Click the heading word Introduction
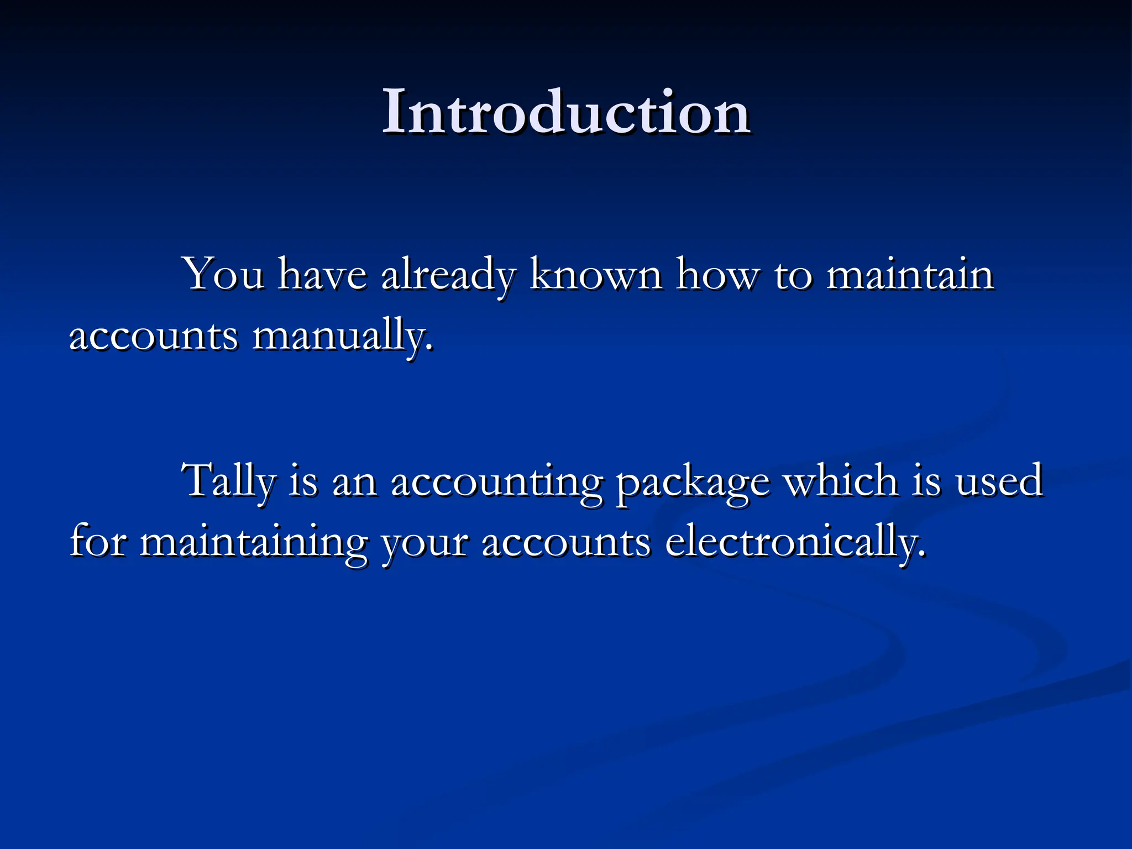(x=566, y=113)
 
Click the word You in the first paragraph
(x=224, y=274)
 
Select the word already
(x=448, y=275)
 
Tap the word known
(x=596, y=274)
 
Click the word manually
(x=343, y=336)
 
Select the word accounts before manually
(x=154, y=336)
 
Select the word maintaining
(x=254, y=543)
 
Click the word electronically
(x=795, y=543)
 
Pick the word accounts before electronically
(x=566, y=543)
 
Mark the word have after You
(x=322, y=274)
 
